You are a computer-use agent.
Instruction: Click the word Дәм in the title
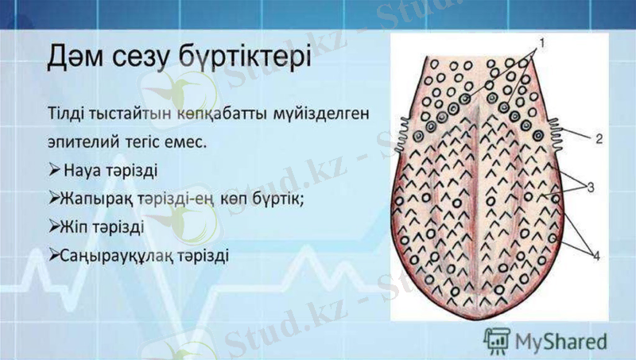[77, 60]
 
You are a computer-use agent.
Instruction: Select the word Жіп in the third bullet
[74, 227]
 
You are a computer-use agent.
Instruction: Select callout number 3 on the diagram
[591, 187]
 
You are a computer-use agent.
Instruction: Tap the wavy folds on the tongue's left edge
[403, 127]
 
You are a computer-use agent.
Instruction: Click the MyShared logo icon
[497, 339]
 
